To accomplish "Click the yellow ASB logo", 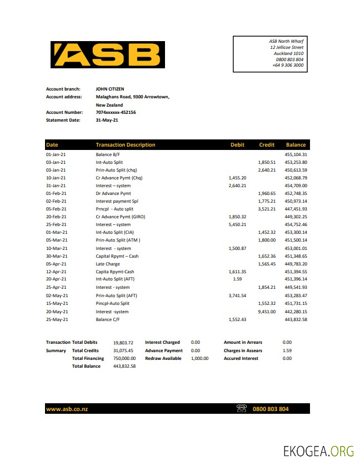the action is click(x=107, y=54).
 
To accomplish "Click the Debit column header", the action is click(x=237, y=145).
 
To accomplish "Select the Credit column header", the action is click(x=267, y=145).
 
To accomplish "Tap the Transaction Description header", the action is click(x=126, y=145).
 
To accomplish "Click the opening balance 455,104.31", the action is click(x=296, y=154).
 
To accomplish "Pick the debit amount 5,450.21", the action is click(x=237, y=224).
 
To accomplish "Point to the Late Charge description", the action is click(x=107, y=264).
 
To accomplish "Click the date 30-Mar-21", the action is click(x=56, y=256).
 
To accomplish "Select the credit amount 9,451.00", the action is click(x=267, y=312).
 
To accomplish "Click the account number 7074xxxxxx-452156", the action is click(x=116, y=112).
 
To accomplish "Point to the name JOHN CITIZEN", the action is click(x=110, y=89).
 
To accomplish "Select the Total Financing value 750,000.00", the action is click(x=124, y=358).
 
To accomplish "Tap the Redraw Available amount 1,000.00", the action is click(x=199, y=358).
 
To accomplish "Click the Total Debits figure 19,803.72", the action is click(x=123, y=343).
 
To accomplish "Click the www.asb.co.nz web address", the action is click(x=67, y=409).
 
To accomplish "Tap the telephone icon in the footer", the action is click(x=242, y=409).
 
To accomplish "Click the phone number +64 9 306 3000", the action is click(x=288, y=65).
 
